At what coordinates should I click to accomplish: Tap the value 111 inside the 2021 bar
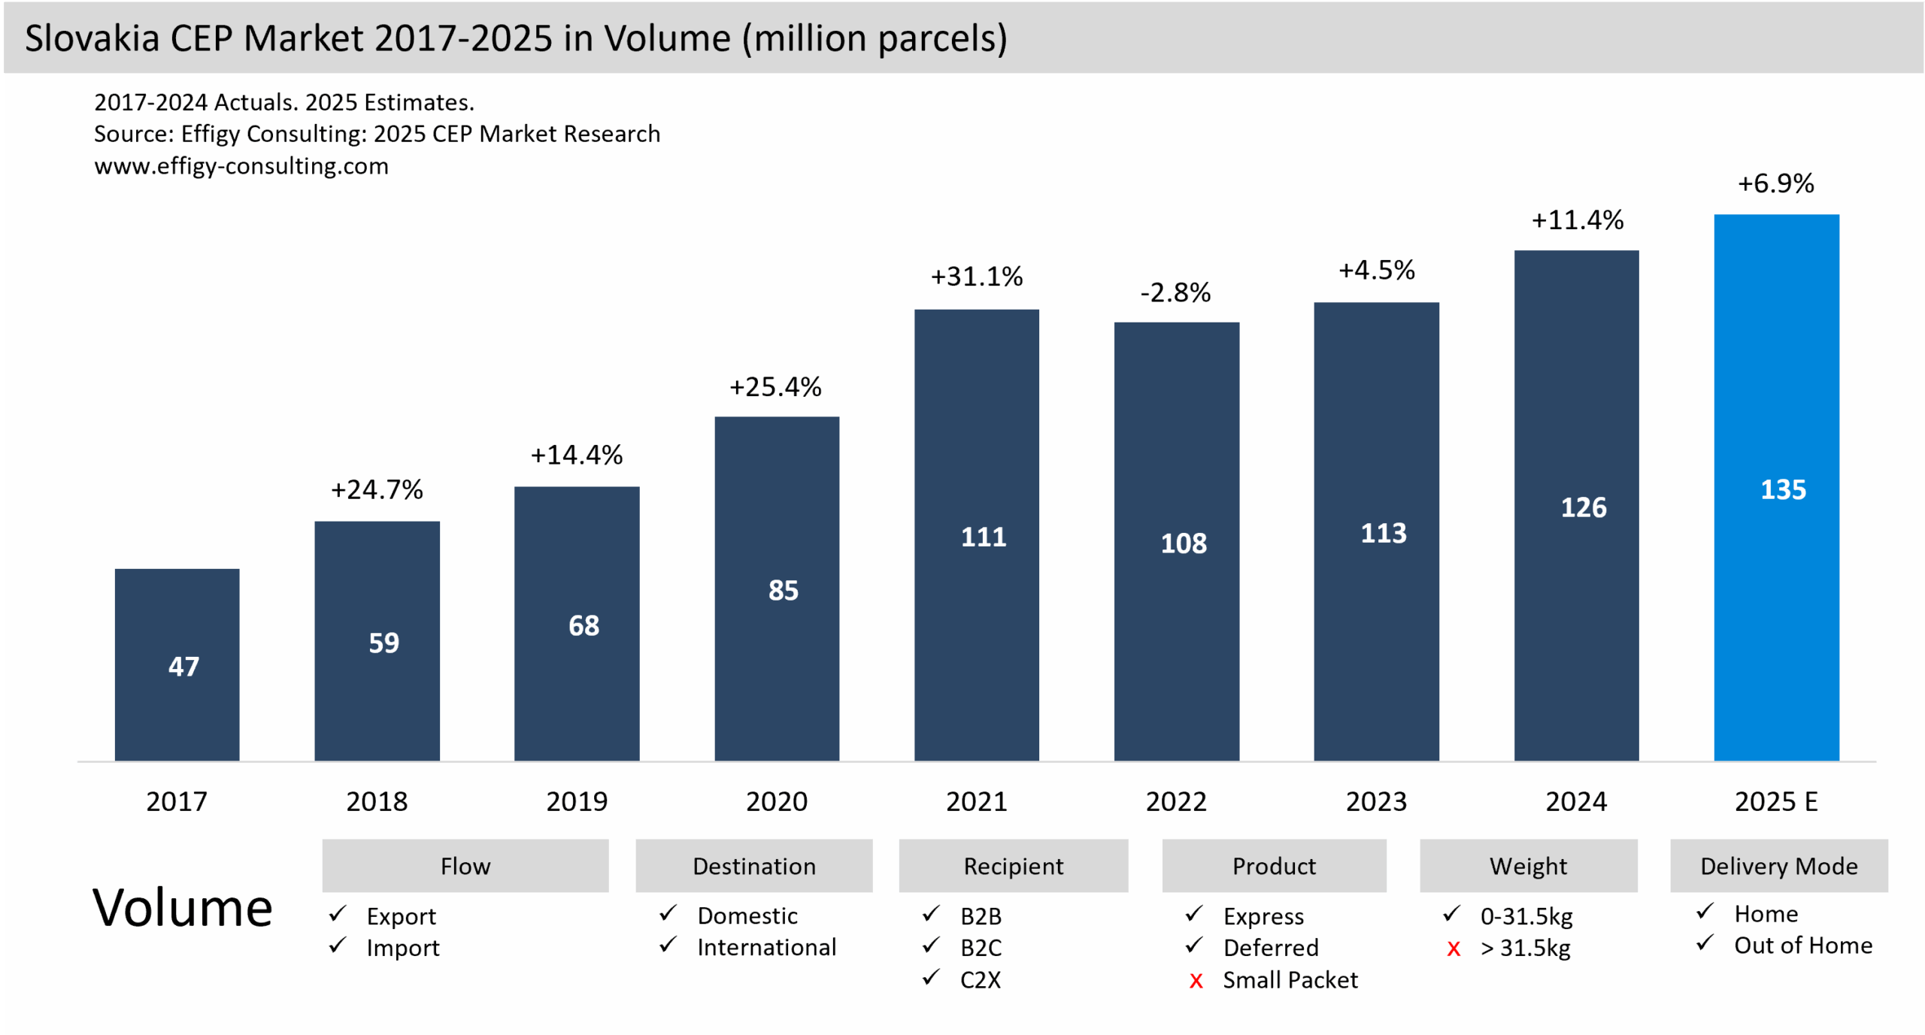click(983, 537)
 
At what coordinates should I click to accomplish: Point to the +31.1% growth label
click(976, 277)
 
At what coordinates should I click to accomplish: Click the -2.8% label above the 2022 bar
click(1175, 292)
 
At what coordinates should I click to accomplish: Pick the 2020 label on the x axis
click(776, 801)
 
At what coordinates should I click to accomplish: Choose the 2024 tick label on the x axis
click(1576, 801)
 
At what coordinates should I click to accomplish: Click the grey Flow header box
click(465, 866)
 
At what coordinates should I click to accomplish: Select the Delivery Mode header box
click(1778, 866)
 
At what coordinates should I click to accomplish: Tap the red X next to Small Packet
click(1196, 981)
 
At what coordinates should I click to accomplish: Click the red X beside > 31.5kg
click(1453, 949)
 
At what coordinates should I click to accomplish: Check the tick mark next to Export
click(338, 914)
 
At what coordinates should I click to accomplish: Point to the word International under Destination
click(766, 947)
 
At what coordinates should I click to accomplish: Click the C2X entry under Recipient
click(980, 980)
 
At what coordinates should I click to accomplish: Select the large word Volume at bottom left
click(182, 908)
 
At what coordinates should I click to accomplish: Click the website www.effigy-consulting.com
click(241, 165)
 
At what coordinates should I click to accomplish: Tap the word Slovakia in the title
click(92, 38)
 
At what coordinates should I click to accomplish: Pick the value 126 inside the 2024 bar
click(1584, 507)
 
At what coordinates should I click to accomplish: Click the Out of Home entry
click(1802, 946)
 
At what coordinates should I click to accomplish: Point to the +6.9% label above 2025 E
click(1775, 183)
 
